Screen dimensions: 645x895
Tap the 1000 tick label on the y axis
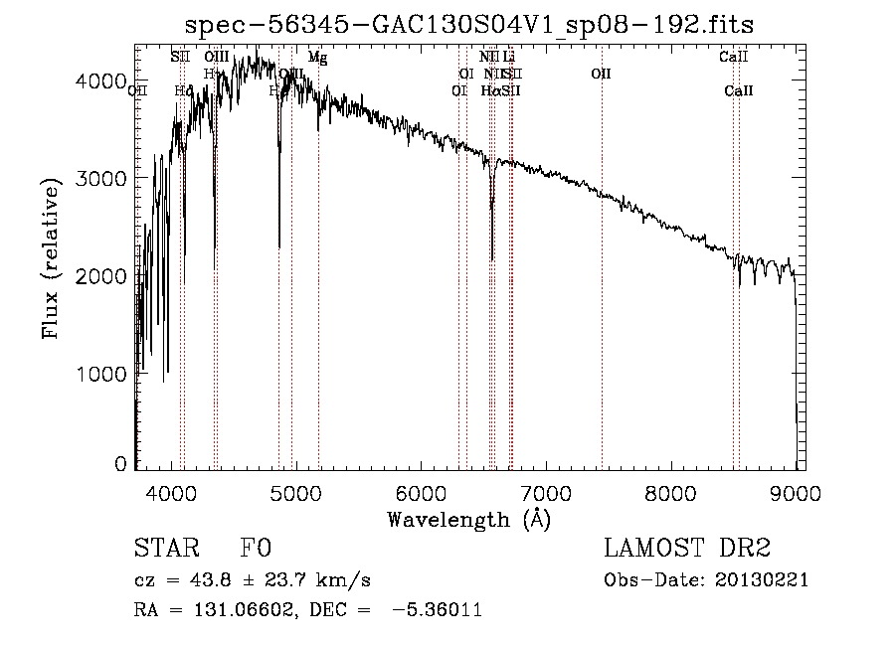(101, 374)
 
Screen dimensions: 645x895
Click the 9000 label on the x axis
(795, 492)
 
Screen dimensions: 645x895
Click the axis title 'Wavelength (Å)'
(468, 519)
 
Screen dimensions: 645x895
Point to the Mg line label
(317, 58)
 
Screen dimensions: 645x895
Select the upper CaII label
(733, 58)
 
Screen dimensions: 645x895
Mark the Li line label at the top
(509, 58)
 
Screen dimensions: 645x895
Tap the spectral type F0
(255, 548)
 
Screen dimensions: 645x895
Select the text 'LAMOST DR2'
(687, 548)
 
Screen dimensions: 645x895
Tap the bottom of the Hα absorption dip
(492, 259)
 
